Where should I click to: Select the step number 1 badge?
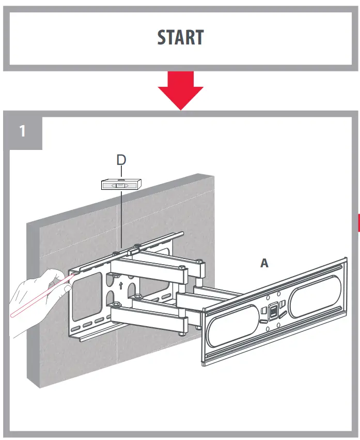22,131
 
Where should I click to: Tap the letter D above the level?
121,160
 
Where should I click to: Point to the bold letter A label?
264,263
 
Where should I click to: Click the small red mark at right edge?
358,222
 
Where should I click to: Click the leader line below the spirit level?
121,217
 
